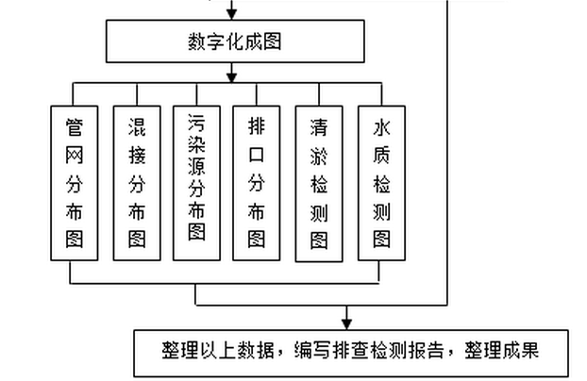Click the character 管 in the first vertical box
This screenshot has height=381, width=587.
click(x=75, y=126)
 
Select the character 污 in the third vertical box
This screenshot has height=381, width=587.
click(x=196, y=124)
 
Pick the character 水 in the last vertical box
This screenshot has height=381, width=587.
click(x=381, y=127)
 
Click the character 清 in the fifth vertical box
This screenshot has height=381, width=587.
click(x=319, y=127)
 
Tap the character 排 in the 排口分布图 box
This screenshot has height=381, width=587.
click(x=257, y=126)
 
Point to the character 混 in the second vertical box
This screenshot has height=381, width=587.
click(x=136, y=126)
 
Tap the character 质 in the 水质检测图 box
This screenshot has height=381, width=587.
click(x=381, y=154)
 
